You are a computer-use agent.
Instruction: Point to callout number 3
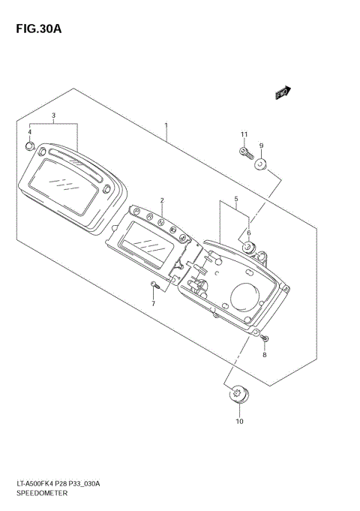tap(30, 132)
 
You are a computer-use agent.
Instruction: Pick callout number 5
tap(248, 233)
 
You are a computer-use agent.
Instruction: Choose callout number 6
tap(153, 303)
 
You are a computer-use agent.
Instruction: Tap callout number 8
tap(261, 146)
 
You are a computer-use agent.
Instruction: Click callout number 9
tap(239, 421)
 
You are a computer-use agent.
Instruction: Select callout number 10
tap(243, 134)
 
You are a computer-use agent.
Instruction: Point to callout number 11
tap(243, 134)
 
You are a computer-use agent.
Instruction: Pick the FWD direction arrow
tap(283, 93)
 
